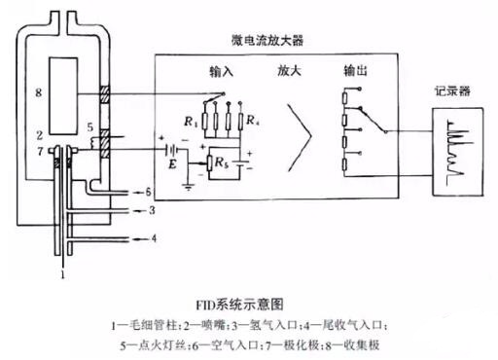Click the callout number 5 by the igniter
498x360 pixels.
point(89,127)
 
